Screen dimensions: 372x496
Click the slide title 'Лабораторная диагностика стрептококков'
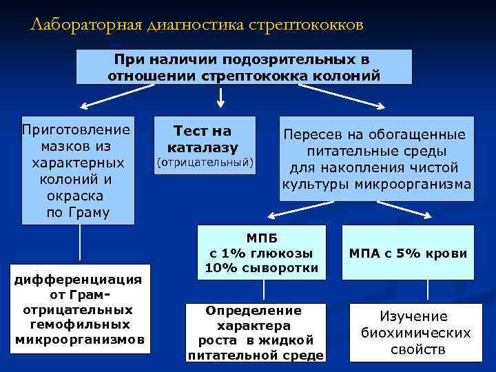click(196, 25)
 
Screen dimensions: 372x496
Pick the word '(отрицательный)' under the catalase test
click(205, 163)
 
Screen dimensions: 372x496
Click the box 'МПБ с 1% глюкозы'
click(261, 252)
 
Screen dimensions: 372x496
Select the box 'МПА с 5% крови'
click(408, 254)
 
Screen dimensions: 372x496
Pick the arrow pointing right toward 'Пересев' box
click(351, 98)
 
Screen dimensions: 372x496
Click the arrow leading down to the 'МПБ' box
click(289, 210)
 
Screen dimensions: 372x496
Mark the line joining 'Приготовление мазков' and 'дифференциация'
click(80, 245)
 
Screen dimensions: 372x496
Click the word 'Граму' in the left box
click(88, 212)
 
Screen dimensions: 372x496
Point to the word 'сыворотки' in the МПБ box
click(288, 267)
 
